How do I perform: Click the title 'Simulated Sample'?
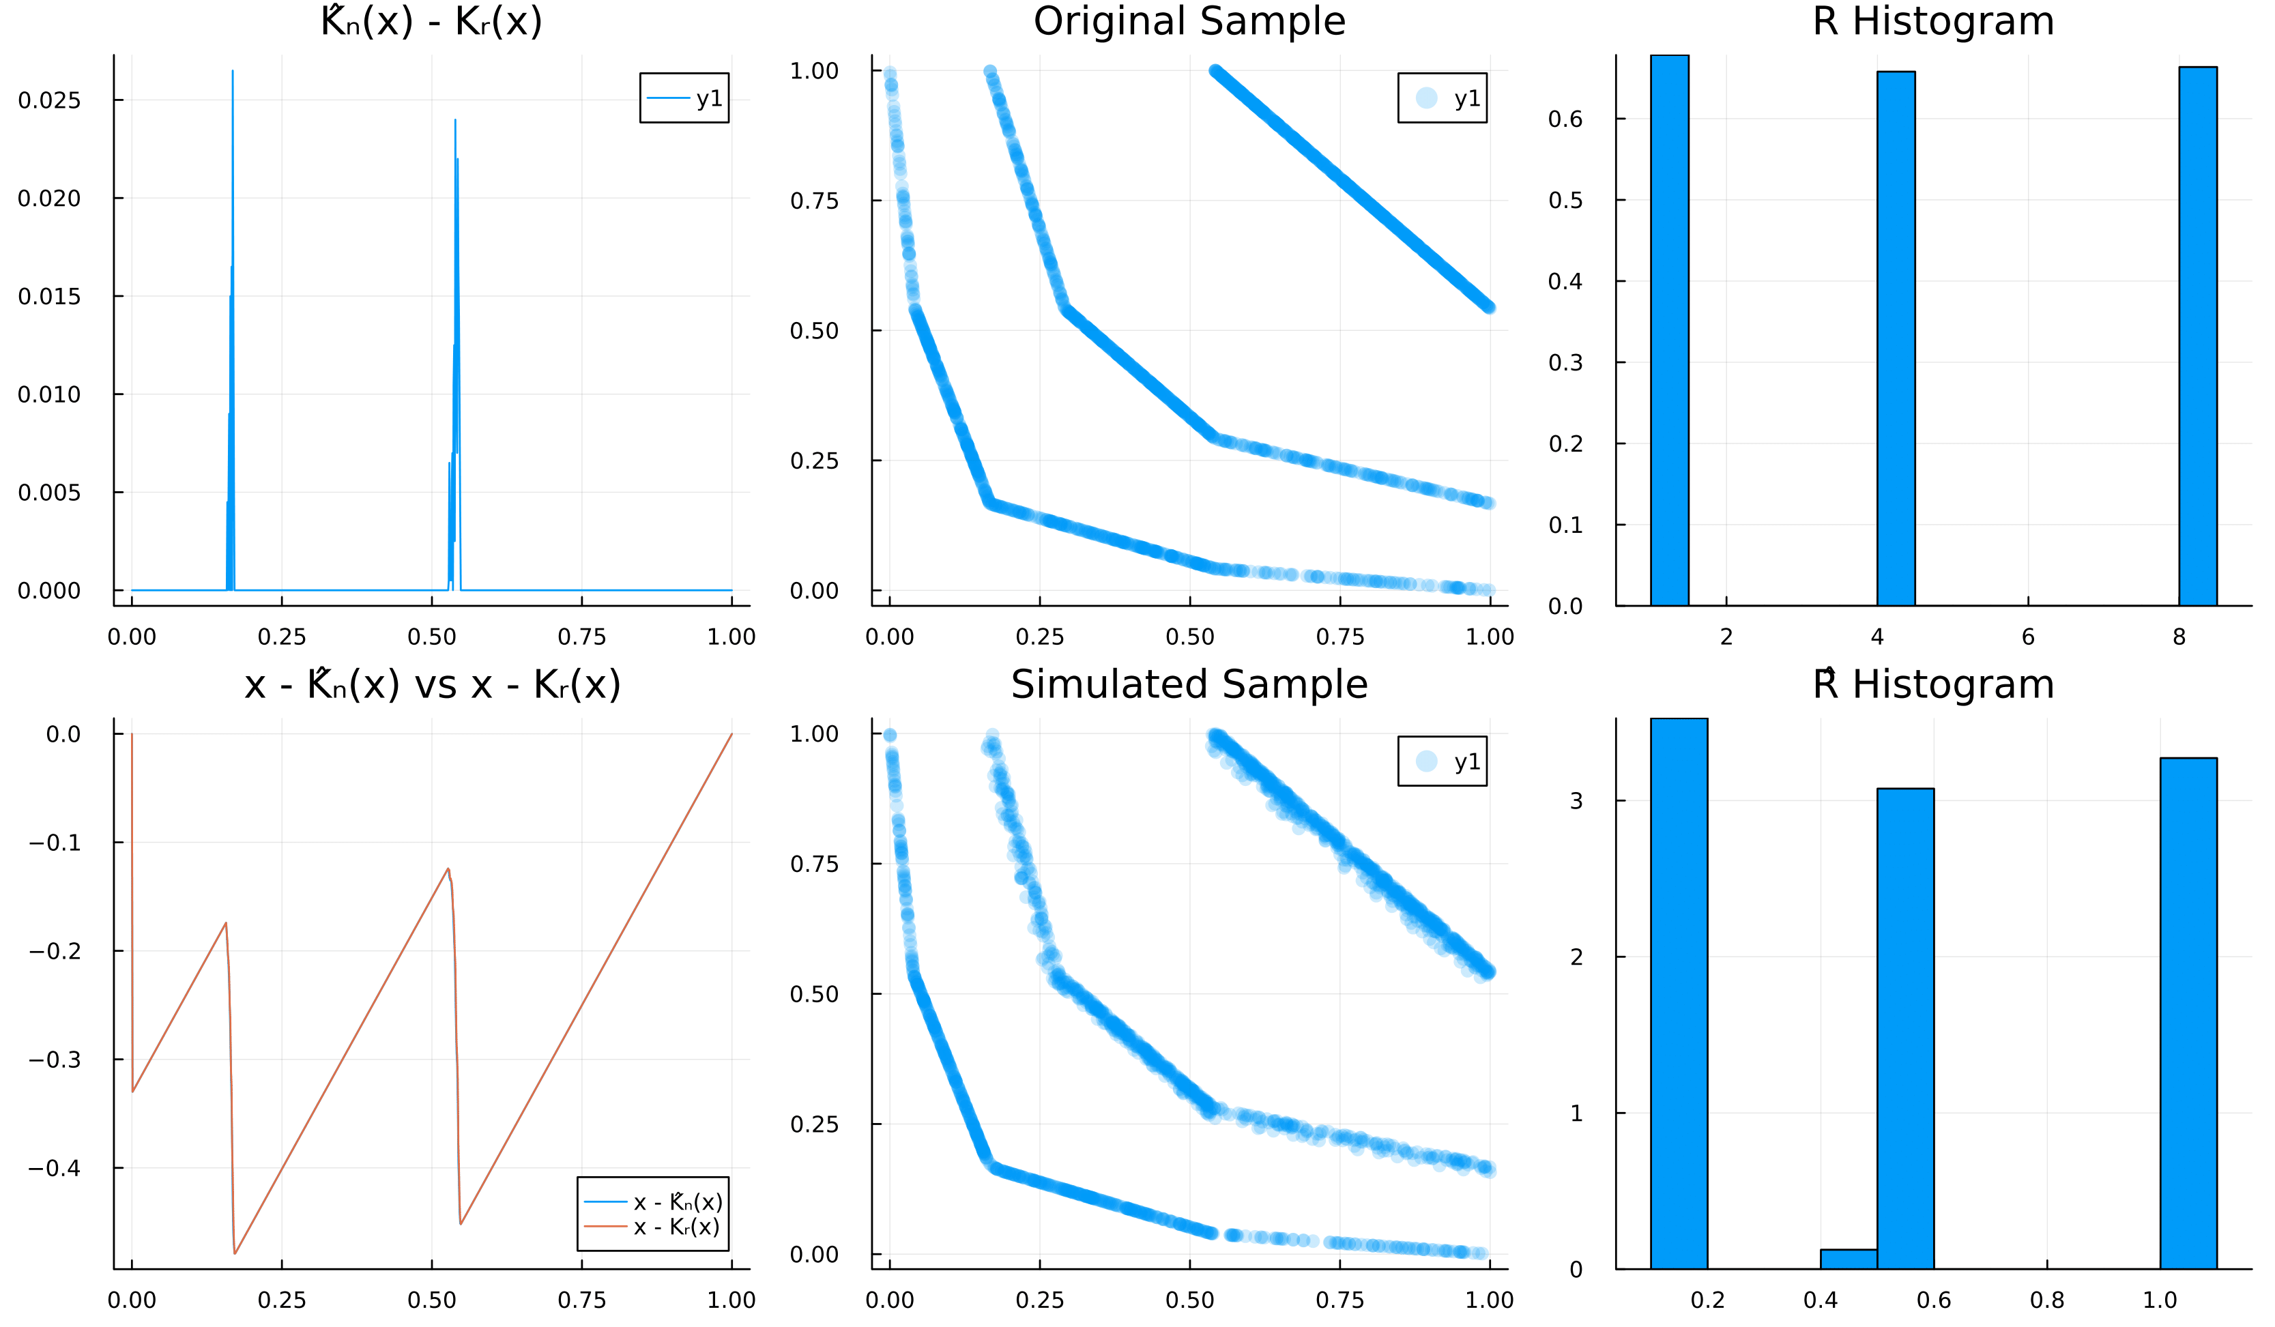point(1189,684)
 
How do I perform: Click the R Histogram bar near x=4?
point(1895,338)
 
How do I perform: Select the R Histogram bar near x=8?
point(2197,336)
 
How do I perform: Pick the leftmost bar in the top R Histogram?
point(1669,330)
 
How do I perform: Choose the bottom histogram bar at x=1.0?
point(2188,1013)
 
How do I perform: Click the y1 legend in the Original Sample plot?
point(1442,98)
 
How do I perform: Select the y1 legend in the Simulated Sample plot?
point(1442,761)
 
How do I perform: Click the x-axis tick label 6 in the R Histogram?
point(2027,637)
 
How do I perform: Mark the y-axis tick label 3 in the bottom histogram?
point(1576,801)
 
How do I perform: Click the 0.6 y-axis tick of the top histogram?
point(1565,119)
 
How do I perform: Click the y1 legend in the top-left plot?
point(684,98)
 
